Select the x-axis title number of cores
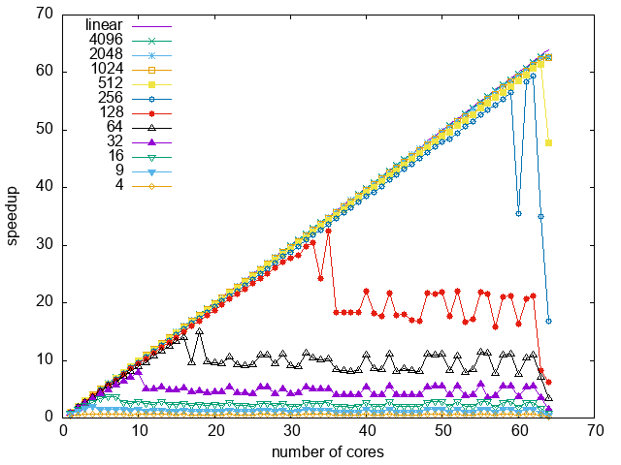point(328,452)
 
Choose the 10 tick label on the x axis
point(140,432)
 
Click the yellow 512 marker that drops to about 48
point(549,142)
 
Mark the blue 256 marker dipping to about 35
point(518,213)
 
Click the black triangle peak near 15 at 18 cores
point(200,331)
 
